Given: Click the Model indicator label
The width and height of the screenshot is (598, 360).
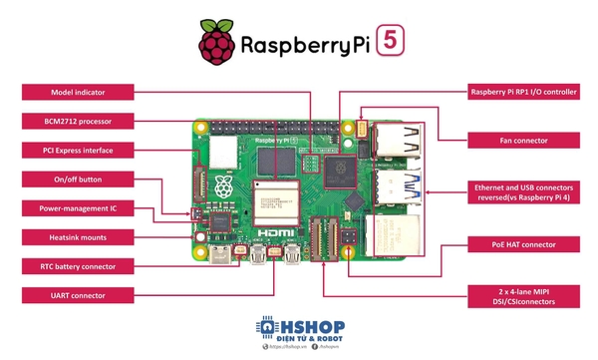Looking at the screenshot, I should pos(77,93).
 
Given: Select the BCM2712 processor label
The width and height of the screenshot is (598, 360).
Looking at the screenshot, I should pos(77,122).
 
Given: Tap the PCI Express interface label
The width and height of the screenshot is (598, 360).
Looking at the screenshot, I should pos(77,151).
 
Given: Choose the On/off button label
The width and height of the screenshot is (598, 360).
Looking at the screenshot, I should pos(77,180).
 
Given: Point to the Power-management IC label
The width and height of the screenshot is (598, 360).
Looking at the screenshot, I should pos(77,208).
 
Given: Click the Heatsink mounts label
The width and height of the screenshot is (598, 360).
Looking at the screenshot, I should pos(77,237).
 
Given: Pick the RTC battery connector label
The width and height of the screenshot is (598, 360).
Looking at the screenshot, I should pos(77,266).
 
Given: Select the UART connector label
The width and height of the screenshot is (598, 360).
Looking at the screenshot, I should pos(77,295).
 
